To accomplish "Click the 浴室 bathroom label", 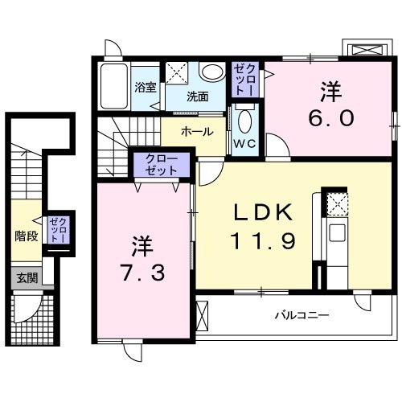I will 146,88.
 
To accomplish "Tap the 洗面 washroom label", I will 198,96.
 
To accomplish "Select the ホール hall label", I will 197,131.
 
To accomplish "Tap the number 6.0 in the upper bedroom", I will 330,117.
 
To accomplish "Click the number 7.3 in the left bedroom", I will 145,273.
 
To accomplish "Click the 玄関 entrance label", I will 27,278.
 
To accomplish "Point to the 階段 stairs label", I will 27,236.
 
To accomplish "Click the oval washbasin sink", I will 213,72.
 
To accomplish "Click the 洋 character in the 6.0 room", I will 330,89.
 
